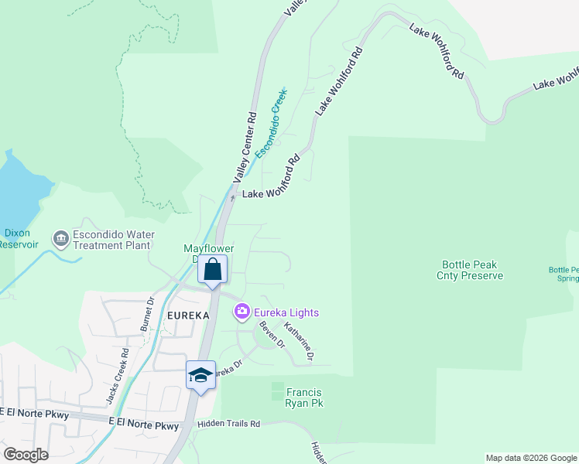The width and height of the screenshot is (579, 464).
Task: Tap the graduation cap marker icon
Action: click(x=200, y=375)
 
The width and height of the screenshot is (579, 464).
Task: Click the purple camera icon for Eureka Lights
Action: click(x=242, y=312)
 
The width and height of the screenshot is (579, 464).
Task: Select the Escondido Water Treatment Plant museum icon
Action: click(x=60, y=240)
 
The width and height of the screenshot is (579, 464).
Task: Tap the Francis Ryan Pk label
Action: click(x=304, y=397)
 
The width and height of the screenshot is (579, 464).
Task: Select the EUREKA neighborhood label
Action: click(x=187, y=316)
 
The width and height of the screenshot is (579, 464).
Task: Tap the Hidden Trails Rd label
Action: click(x=228, y=424)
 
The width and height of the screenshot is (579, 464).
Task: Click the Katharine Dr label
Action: click(x=298, y=342)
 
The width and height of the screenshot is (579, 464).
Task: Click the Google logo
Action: click(x=26, y=455)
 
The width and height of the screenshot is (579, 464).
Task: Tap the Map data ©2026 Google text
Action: click(x=530, y=458)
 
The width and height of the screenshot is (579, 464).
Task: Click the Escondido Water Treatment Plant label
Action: click(x=114, y=240)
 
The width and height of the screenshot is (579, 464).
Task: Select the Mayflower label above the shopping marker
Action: click(x=208, y=249)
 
